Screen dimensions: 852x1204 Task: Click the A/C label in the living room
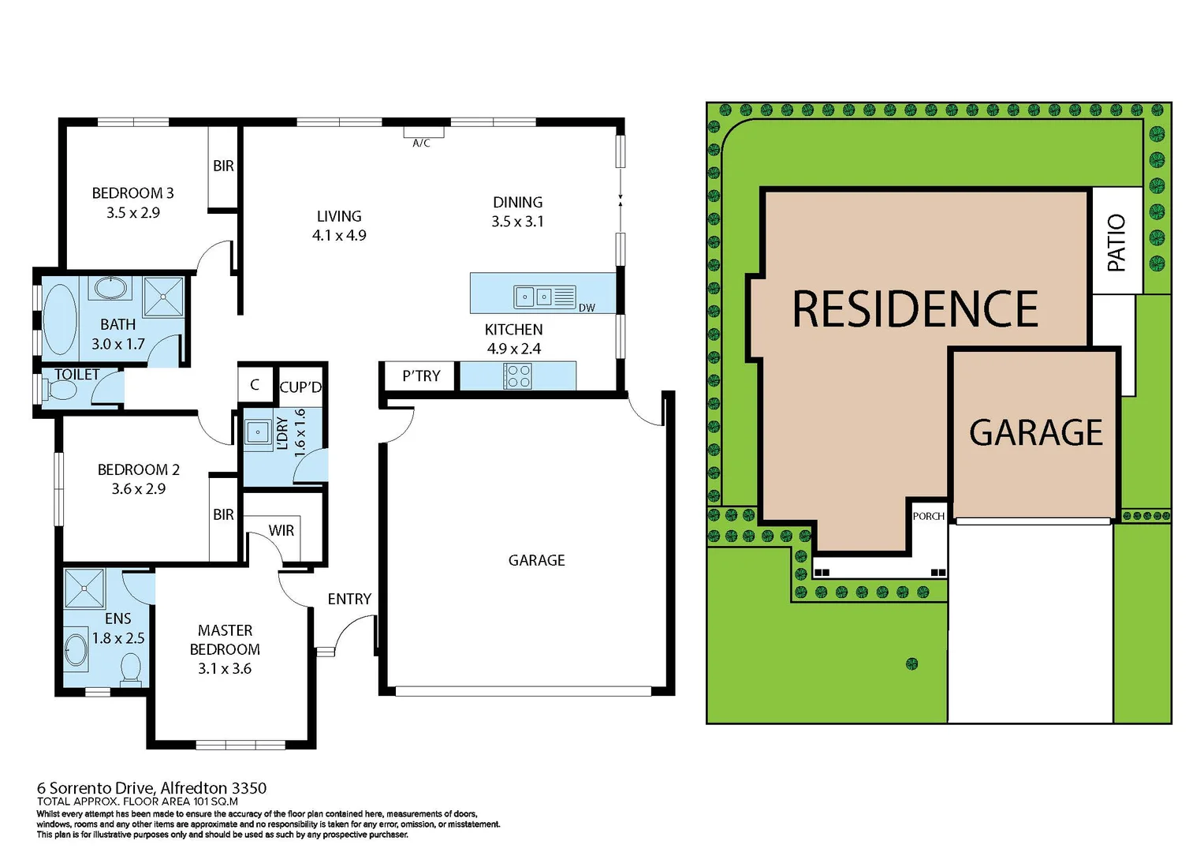coord(421,143)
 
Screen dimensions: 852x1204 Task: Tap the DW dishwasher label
coord(587,308)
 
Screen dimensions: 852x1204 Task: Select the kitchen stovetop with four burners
coord(518,376)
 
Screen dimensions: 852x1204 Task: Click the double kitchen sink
coord(535,297)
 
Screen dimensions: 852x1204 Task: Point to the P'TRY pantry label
coord(421,376)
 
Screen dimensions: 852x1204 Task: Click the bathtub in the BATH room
coord(60,319)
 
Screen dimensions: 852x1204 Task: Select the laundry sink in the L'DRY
coord(257,432)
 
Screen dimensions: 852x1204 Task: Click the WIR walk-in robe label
coord(281,531)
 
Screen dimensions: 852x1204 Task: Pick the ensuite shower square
coord(84,588)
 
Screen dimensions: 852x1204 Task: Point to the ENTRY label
coord(349,600)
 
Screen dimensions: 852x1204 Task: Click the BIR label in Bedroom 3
coord(223,166)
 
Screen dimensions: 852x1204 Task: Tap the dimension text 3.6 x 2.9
coord(139,489)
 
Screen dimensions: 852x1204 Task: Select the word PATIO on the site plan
coord(1116,243)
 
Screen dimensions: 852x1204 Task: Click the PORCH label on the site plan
coord(928,517)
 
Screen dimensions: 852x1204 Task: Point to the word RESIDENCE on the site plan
coord(915,309)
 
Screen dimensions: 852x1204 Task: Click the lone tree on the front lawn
coord(912,664)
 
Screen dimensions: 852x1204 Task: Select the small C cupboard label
coord(255,385)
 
